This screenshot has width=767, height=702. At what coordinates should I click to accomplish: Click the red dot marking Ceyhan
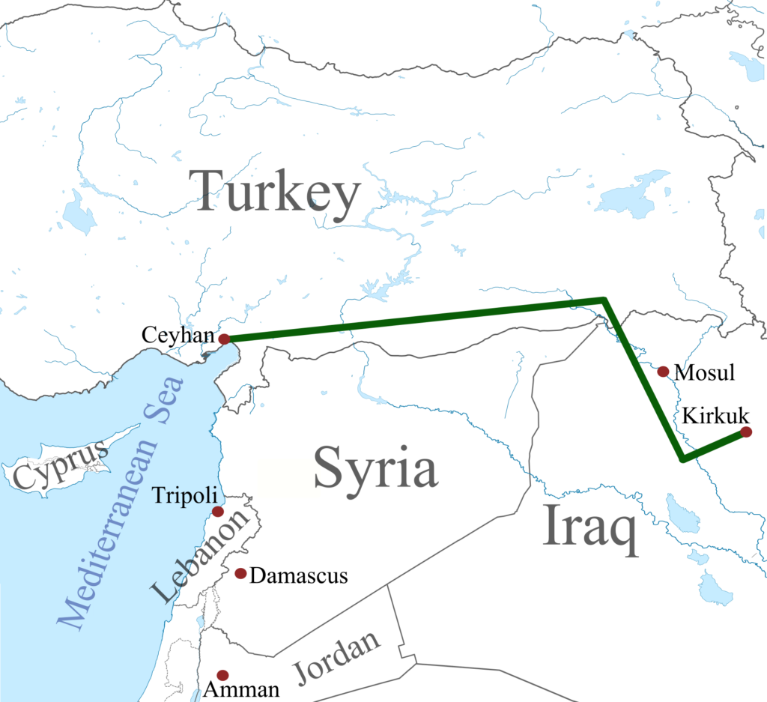click(224, 339)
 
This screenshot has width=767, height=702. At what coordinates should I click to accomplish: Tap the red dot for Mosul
click(663, 372)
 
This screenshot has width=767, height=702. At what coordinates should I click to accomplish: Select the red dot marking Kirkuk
click(745, 432)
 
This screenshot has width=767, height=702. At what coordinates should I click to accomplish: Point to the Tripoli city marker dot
click(217, 512)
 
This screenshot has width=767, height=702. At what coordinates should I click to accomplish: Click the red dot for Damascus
click(240, 573)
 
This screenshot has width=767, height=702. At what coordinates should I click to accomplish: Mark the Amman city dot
click(222, 675)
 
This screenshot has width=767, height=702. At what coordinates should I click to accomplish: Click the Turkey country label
click(274, 193)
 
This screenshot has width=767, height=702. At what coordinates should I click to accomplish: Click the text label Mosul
click(705, 372)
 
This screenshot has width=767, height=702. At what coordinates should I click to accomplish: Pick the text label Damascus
click(300, 575)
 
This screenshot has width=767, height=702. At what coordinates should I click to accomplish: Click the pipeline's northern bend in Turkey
click(603, 301)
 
